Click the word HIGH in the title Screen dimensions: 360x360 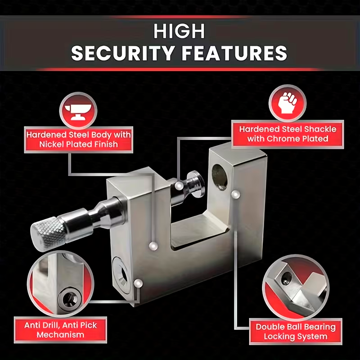tap(179, 31)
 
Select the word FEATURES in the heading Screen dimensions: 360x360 tap(234, 53)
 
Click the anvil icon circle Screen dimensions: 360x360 tap(78, 111)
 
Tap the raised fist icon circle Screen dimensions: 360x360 tap(288, 103)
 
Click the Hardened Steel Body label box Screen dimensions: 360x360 tap(78, 139)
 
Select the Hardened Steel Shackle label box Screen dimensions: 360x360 tap(288, 134)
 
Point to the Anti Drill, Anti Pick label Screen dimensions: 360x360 tap(60, 330)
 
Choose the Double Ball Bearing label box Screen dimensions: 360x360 tap(296, 332)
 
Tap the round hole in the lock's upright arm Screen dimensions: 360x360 tap(220, 177)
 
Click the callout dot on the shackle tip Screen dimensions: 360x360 tap(179, 185)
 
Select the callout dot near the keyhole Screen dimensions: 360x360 tap(138, 283)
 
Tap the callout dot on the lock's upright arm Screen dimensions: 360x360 tap(235, 194)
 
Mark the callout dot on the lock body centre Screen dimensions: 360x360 tap(153, 246)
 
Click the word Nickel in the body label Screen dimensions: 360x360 tap(52, 144)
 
